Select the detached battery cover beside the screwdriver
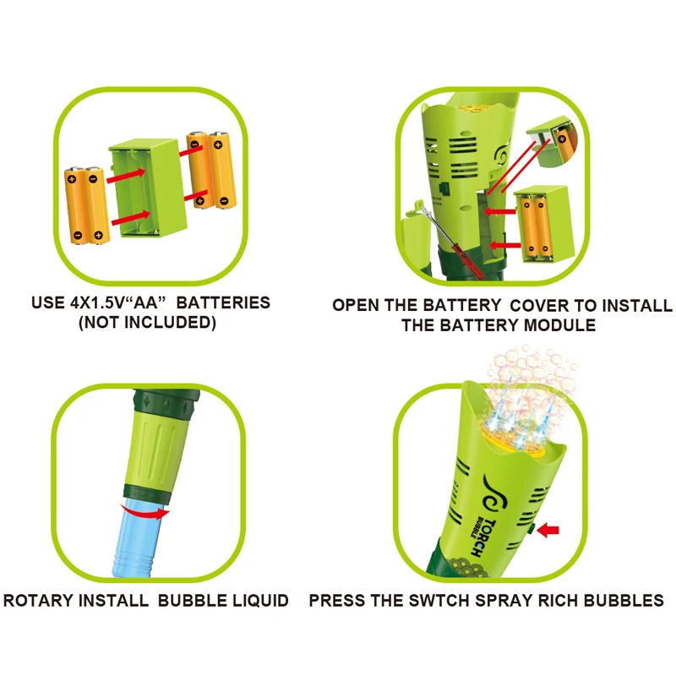[x=412, y=233]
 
